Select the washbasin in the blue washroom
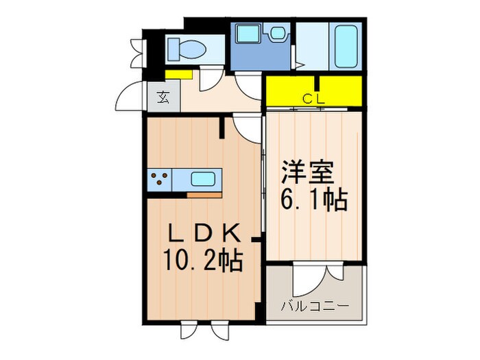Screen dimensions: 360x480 click(278, 34)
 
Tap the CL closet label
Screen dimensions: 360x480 click(314, 99)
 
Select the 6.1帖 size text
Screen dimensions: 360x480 click(313, 200)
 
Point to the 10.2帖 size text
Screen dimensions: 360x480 click(203, 262)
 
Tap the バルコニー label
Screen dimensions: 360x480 click(314, 304)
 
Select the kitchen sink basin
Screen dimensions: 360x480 click(204, 180)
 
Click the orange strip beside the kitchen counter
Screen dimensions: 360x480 click(204, 195)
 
